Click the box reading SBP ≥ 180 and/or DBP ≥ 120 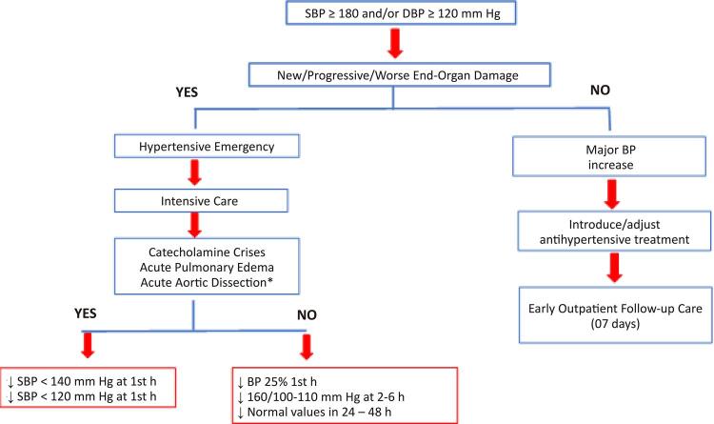(x=401, y=13)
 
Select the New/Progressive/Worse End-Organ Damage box (x=399, y=75)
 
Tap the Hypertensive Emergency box (x=207, y=147)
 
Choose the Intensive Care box (x=201, y=201)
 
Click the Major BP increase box (x=609, y=157)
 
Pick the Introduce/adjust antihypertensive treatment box (x=614, y=232)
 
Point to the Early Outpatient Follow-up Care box (x=616, y=315)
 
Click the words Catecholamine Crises (x=207, y=252)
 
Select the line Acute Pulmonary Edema (x=207, y=267)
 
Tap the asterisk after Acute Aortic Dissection (x=270, y=280)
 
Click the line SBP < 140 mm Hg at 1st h (x=82, y=381)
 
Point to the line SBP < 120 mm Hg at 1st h (x=82, y=396)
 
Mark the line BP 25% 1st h (x=277, y=381)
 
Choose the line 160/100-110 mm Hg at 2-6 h (x=321, y=397)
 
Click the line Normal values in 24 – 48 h (x=314, y=413)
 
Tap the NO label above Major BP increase (x=600, y=90)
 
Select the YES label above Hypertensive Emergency (x=187, y=92)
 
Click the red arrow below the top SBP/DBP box (x=395, y=43)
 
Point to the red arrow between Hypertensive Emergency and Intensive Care (x=194, y=172)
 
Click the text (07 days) (x=615, y=324)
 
